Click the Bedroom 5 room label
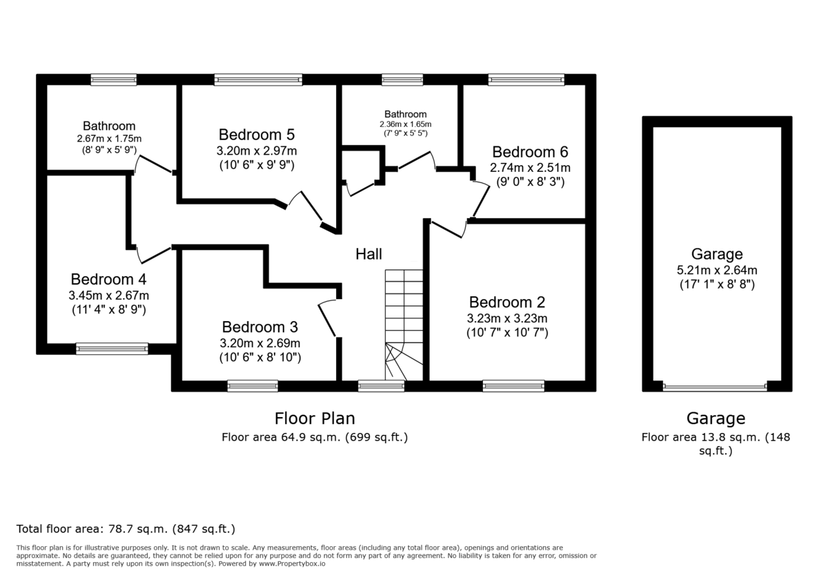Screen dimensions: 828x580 tap(257, 135)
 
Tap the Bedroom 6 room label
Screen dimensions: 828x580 tap(530, 152)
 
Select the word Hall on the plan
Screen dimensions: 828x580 tap(368, 254)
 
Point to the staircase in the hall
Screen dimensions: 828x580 tap(404, 325)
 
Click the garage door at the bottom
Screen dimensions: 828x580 tap(715, 387)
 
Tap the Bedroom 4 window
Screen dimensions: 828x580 tap(112, 349)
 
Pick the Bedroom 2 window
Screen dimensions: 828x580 tap(513, 386)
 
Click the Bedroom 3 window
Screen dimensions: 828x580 tap(253, 386)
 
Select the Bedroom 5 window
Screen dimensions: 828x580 tap(258, 79)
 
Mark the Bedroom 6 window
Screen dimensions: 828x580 tap(526, 79)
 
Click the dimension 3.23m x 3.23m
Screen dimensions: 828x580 tap(507, 318)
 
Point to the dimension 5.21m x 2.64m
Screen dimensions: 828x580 tap(717, 270)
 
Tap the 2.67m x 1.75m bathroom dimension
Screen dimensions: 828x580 tap(109, 139)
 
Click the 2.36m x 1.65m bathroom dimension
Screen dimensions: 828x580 tap(406, 124)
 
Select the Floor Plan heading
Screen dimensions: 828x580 tap(315, 418)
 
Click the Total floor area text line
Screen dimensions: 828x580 tap(126, 529)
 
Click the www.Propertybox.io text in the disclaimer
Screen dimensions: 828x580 tap(292, 563)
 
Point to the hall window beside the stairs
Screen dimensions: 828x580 tap(381, 386)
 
